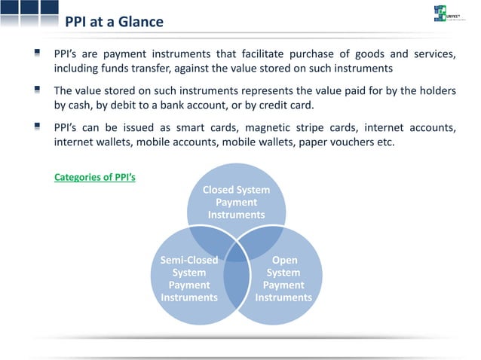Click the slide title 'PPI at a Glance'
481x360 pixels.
tap(114, 22)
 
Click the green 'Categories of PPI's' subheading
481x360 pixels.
tap(95, 178)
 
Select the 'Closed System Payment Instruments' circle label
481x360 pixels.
tap(236, 203)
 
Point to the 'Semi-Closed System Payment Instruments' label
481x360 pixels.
tap(189, 279)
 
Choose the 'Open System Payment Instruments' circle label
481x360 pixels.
tap(283, 279)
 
